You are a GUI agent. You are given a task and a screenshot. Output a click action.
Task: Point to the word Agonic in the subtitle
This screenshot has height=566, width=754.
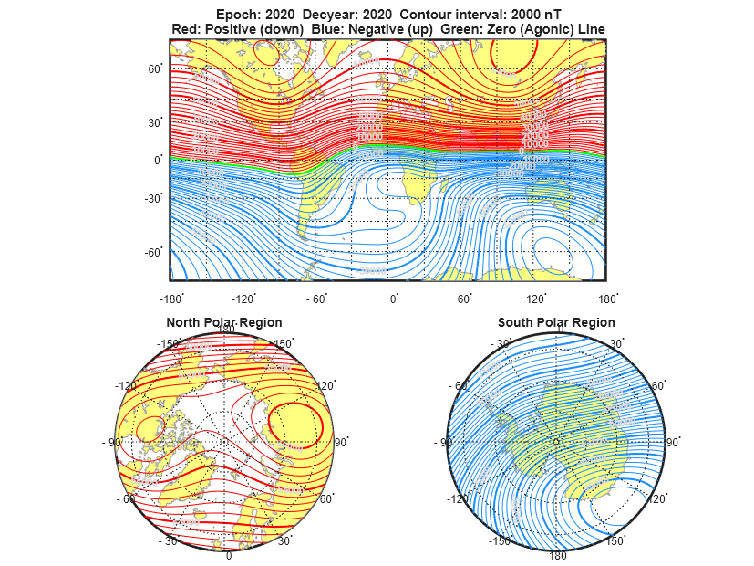click(546, 29)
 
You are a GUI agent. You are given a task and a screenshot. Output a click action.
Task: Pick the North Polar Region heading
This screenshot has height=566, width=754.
click(223, 322)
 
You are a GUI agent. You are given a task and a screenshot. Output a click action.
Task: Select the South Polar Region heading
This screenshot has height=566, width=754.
click(556, 322)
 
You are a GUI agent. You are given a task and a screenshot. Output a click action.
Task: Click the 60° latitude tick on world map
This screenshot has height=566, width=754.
click(155, 68)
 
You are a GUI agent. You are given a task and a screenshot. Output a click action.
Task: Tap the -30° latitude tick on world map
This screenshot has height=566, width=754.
click(153, 198)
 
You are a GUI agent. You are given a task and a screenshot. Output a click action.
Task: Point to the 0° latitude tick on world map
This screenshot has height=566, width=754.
click(159, 160)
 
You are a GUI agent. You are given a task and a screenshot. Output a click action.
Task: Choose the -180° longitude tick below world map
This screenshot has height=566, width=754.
click(170, 299)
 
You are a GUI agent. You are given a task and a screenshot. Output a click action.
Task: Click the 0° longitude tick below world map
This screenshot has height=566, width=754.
click(394, 299)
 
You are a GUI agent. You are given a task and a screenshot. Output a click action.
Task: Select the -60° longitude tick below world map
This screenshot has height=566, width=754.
click(318, 299)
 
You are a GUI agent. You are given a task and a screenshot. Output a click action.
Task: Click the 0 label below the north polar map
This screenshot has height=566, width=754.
click(228, 556)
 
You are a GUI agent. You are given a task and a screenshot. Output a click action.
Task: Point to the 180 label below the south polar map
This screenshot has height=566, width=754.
click(557, 555)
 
